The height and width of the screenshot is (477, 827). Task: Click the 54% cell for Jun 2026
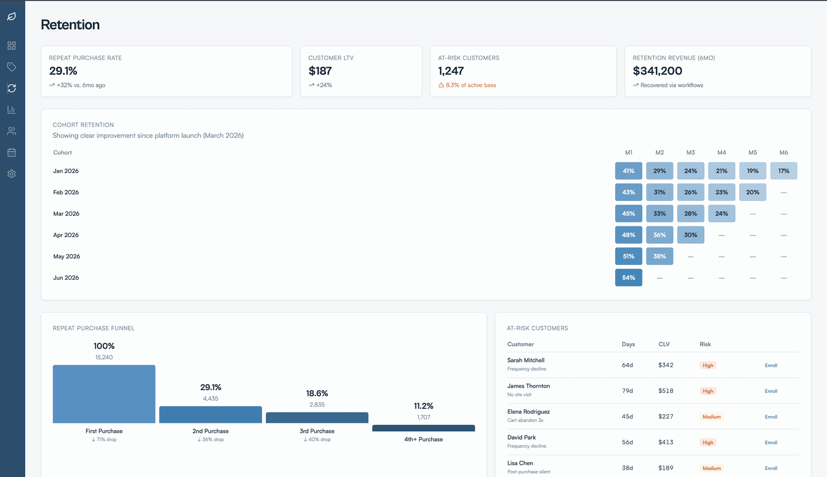click(x=628, y=278)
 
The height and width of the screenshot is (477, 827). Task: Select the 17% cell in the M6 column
click(x=783, y=171)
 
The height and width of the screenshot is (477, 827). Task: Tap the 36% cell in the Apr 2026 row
click(x=659, y=235)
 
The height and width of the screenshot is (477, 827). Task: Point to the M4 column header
click(x=721, y=153)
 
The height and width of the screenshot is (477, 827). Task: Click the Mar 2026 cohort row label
click(x=66, y=214)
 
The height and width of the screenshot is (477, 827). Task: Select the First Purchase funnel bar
click(x=104, y=394)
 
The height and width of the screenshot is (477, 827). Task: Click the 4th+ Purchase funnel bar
click(x=423, y=428)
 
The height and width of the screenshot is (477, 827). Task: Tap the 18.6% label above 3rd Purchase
click(x=317, y=394)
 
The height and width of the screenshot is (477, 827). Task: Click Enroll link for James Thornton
click(x=771, y=391)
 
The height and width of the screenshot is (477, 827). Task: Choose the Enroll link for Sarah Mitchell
click(x=771, y=366)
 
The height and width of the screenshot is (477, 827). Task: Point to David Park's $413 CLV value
click(x=666, y=443)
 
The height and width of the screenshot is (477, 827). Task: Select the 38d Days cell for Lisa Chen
click(x=628, y=468)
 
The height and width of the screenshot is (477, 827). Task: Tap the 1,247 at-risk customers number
click(x=451, y=71)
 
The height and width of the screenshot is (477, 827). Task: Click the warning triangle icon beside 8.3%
click(x=441, y=85)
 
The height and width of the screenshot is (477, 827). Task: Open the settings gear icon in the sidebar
click(x=11, y=174)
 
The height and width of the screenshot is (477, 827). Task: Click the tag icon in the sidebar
click(x=11, y=67)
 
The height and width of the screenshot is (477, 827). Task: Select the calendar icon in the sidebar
click(x=11, y=152)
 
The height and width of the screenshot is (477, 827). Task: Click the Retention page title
click(x=70, y=25)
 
